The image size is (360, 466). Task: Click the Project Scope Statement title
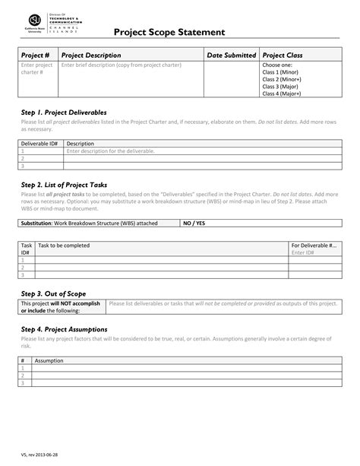(x=169, y=33)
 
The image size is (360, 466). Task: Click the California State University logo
(x=35, y=24)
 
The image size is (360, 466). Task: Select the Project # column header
(x=36, y=55)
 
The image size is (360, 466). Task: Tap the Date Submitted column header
(x=232, y=55)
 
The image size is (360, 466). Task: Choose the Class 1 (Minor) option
(x=280, y=72)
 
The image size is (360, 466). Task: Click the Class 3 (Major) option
(x=280, y=86)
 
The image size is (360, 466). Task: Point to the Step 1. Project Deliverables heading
(x=64, y=113)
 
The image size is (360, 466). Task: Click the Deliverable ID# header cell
(x=39, y=143)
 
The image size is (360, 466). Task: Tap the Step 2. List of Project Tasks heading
(x=65, y=185)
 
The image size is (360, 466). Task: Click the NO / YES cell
(x=194, y=223)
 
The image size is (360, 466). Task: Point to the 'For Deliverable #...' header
(x=314, y=246)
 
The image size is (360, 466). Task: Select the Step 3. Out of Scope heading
(x=52, y=293)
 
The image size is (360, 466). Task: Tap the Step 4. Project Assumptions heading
(x=64, y=329)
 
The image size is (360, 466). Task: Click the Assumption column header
(x=49, y=360)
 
